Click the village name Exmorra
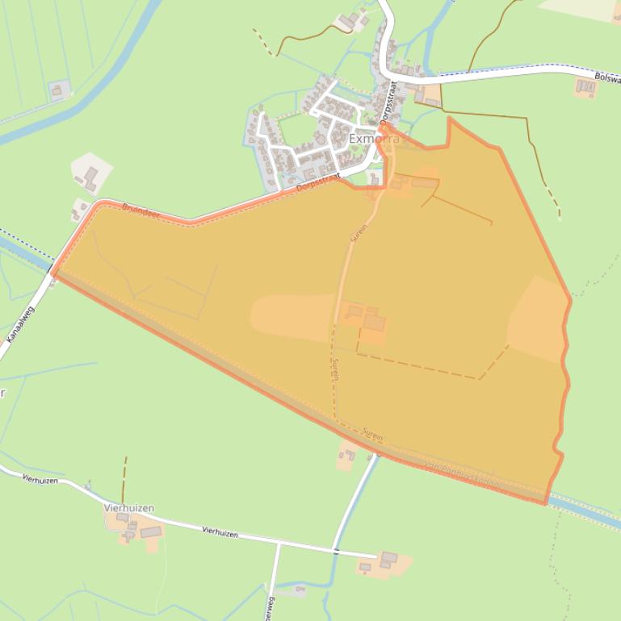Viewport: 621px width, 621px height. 373,140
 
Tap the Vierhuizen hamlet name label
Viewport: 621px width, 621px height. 128,508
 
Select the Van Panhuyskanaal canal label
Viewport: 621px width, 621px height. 463,475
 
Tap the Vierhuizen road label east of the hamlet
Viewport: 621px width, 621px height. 220,531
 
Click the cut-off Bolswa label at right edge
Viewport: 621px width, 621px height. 606,77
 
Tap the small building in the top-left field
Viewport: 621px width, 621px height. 57,90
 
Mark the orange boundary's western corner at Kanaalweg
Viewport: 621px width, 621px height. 54,273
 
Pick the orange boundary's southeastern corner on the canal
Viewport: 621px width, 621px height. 547,502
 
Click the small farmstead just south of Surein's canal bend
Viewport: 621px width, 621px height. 348,457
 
